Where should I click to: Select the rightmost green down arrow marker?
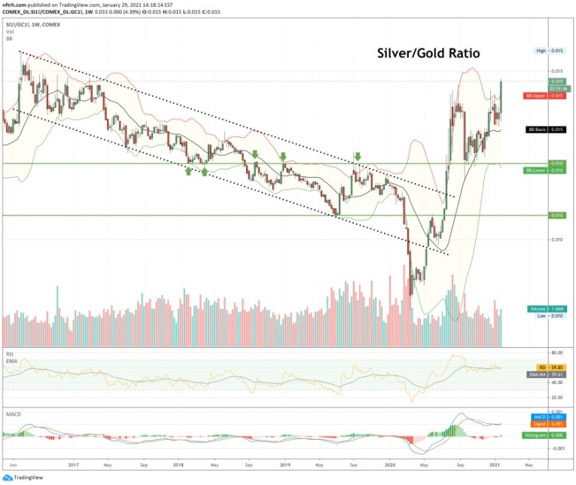point(358,157)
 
